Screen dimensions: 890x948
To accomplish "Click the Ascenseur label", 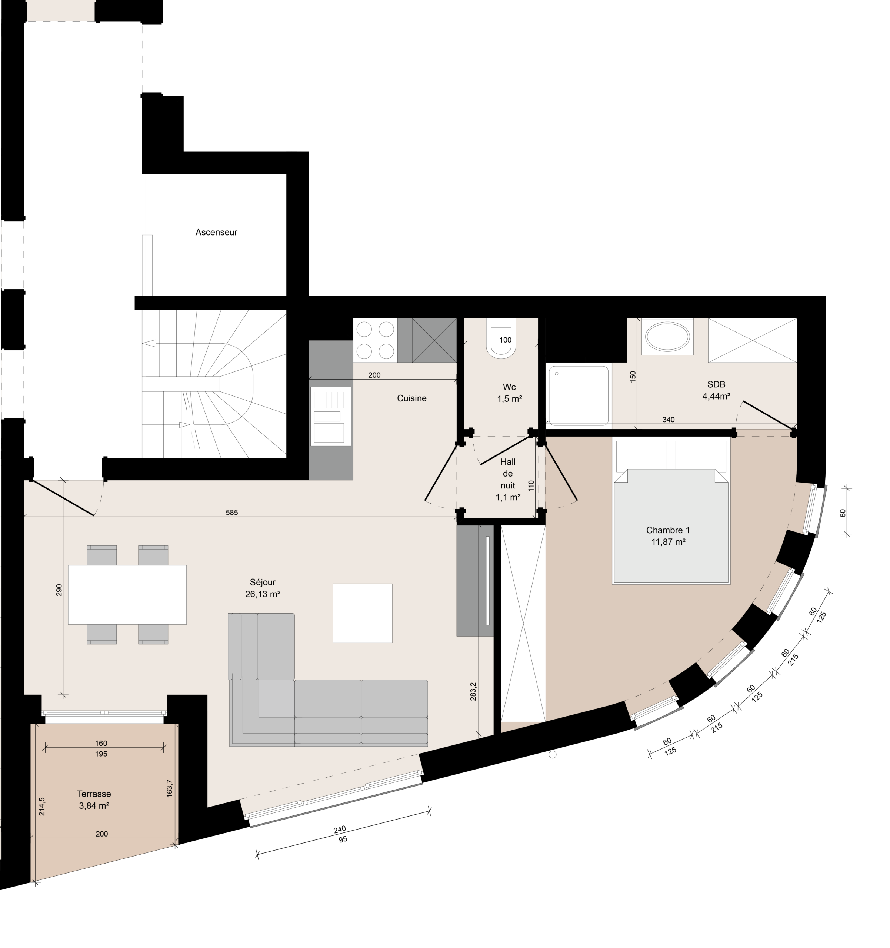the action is point(216,233).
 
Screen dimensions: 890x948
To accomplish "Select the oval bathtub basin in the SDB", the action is point(667,337).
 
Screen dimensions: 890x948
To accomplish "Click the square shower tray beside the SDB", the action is point(579,395).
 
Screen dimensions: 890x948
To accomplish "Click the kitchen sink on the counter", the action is point(331,416).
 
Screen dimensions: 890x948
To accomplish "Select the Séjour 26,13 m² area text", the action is point(262,588).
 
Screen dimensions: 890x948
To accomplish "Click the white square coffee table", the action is point(363,613).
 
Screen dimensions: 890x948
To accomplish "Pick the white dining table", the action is point(127,595).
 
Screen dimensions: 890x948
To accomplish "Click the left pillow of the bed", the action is point(641,456).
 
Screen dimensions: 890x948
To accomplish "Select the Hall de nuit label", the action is point(508,474).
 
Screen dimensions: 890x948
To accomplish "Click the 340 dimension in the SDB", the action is point(669,420).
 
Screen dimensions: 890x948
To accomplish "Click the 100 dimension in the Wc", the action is point(506,340).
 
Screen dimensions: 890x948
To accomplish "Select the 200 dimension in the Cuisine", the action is point(374,375).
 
